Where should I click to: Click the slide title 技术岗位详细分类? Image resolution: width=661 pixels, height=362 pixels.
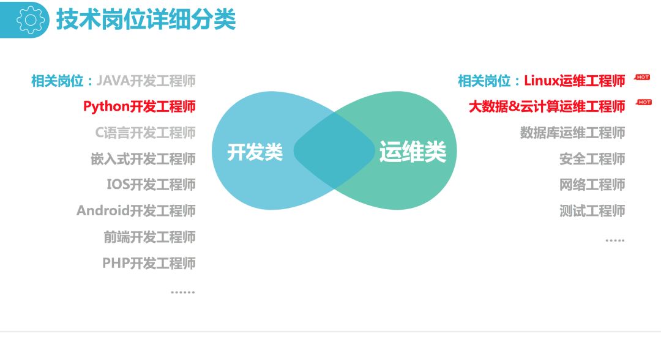(146, 20)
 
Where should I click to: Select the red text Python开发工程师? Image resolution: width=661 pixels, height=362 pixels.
(140, 106)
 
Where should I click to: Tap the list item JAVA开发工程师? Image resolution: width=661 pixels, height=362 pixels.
(146, 81)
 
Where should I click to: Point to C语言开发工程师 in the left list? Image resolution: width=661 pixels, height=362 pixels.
(145, 133)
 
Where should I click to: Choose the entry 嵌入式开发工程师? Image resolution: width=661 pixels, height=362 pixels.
(143, 159)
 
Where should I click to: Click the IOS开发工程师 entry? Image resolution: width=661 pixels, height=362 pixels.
(151, 185)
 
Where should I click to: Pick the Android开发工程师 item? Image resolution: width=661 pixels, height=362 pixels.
(136, 211)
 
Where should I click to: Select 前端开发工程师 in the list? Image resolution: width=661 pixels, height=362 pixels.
(149, 237)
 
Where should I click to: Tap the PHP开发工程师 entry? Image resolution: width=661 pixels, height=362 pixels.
(149, 264)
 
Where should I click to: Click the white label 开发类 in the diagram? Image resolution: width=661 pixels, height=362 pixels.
(255, 152)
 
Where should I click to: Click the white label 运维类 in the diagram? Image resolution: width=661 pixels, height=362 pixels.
(413, 152)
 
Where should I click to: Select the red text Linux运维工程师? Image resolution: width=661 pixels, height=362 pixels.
(574, 81)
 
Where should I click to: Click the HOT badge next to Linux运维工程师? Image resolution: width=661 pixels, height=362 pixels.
(642, 77)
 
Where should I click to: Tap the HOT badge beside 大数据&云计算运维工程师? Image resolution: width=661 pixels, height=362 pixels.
(644, 102)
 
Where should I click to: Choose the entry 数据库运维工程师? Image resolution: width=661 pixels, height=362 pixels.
(572, 133)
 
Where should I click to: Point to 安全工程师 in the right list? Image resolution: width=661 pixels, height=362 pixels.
(592, 159)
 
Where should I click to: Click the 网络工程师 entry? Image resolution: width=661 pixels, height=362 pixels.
(592, 185)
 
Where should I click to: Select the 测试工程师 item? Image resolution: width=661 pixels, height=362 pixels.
(592, 211)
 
